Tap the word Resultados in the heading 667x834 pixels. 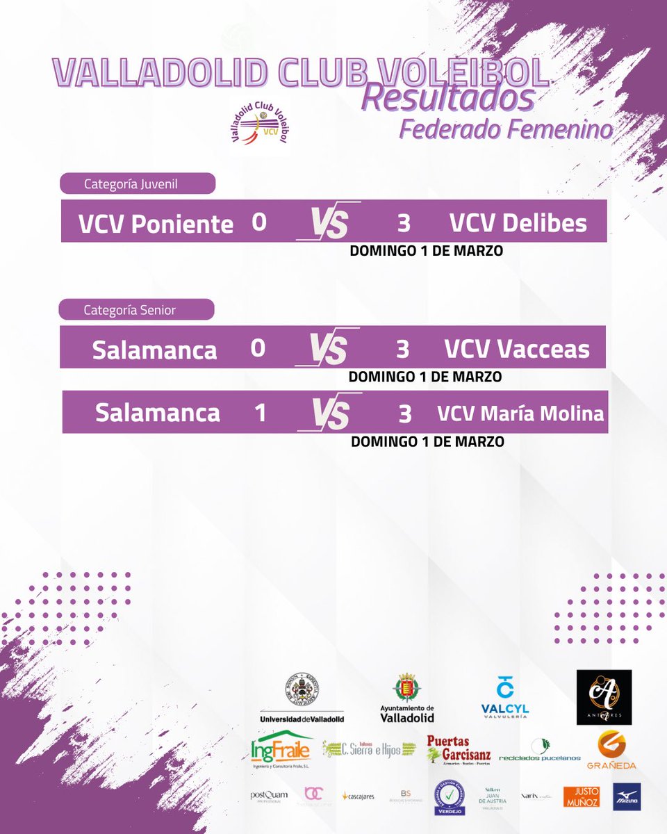pos(448,99)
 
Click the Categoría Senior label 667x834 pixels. pos(130,310)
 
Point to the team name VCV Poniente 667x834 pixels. pos(156,224)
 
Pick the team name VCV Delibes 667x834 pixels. pos(518,223)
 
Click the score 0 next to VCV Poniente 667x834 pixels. pos(259,222)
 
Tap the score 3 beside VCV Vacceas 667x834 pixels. pos(402,349)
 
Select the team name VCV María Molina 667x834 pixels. pos(520,414)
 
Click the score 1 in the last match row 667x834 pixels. pos(260,414)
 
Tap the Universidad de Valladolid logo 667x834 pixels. pos(302,698)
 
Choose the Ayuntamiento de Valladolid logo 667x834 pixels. pos(407,698)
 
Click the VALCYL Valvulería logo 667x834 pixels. pos(505,696)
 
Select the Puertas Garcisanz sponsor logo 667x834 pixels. pos(459,749)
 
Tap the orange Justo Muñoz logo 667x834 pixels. pos(581,796)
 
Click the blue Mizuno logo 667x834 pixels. pos(627,796)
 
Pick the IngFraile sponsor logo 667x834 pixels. pos(281,749)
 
